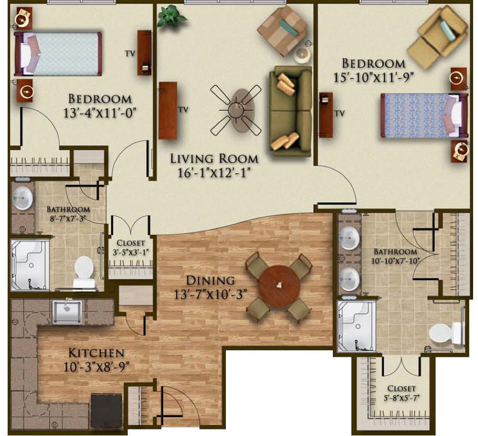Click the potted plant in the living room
coord(172,17)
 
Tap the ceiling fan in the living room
coord(236,110)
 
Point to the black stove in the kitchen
coord(106,410)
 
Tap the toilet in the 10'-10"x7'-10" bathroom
coord(447,333)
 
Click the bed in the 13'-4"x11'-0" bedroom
coord(58,53)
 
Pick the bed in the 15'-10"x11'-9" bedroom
coord(425,115)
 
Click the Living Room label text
coord(214,159)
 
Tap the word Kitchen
coord(97,353)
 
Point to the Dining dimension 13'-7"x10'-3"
coord(210,295)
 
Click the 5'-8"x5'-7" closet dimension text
coord(401,398)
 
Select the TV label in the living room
coord(183,110)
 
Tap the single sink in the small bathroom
coord(22,198)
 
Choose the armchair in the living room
coord(282,31)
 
